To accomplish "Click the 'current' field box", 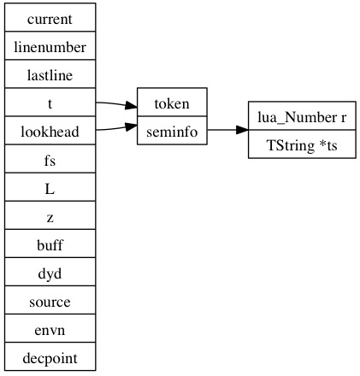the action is tap(50, 17).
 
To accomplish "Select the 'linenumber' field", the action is tap(50, 45).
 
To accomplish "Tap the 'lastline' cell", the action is tap(50, 73).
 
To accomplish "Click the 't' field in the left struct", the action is tap(50, 102).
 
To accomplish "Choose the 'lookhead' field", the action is tap(50, 130).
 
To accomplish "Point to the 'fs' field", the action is tap(50, 158).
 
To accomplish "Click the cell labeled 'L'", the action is tap(50, 187).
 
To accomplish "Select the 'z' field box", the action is tap(50, 215).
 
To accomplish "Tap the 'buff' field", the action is tap(50, 244).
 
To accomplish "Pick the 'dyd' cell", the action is tap(50, 272).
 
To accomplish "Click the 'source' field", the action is tap(50, 300).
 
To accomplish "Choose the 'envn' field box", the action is tap(50, 328).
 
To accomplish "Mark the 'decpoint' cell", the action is tap(50, 356).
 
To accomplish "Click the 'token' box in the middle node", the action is tap(172, 102).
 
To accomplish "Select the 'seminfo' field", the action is tap(172, 130).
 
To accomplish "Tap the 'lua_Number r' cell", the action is tap(302, 115).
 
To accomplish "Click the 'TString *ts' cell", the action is tap(302, 144).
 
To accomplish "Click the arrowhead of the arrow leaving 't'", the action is tap(131, 106).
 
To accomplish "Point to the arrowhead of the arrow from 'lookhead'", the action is tap(131, 126).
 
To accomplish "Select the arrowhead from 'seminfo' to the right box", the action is tap(242, 130).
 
